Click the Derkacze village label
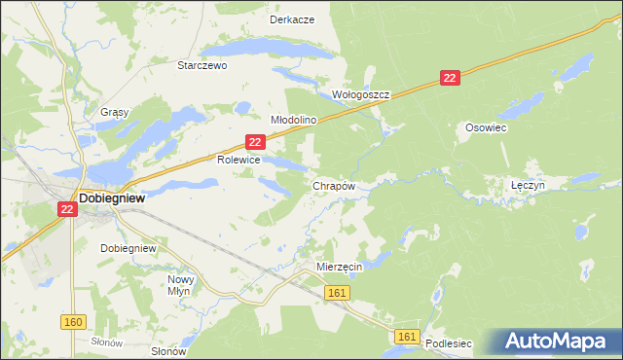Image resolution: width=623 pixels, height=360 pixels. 291,19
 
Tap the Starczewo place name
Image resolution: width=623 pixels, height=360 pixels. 202,66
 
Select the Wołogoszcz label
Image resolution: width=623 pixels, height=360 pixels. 361,95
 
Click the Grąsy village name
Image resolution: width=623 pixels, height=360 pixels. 114,112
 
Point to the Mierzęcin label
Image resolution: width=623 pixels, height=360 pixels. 340,266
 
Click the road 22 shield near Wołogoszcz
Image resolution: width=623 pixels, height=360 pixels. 449,78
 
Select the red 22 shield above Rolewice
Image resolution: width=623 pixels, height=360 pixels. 254,142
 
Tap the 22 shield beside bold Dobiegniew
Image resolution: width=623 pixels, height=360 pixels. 67,208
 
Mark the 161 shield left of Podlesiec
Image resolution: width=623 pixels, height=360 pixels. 408,337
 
